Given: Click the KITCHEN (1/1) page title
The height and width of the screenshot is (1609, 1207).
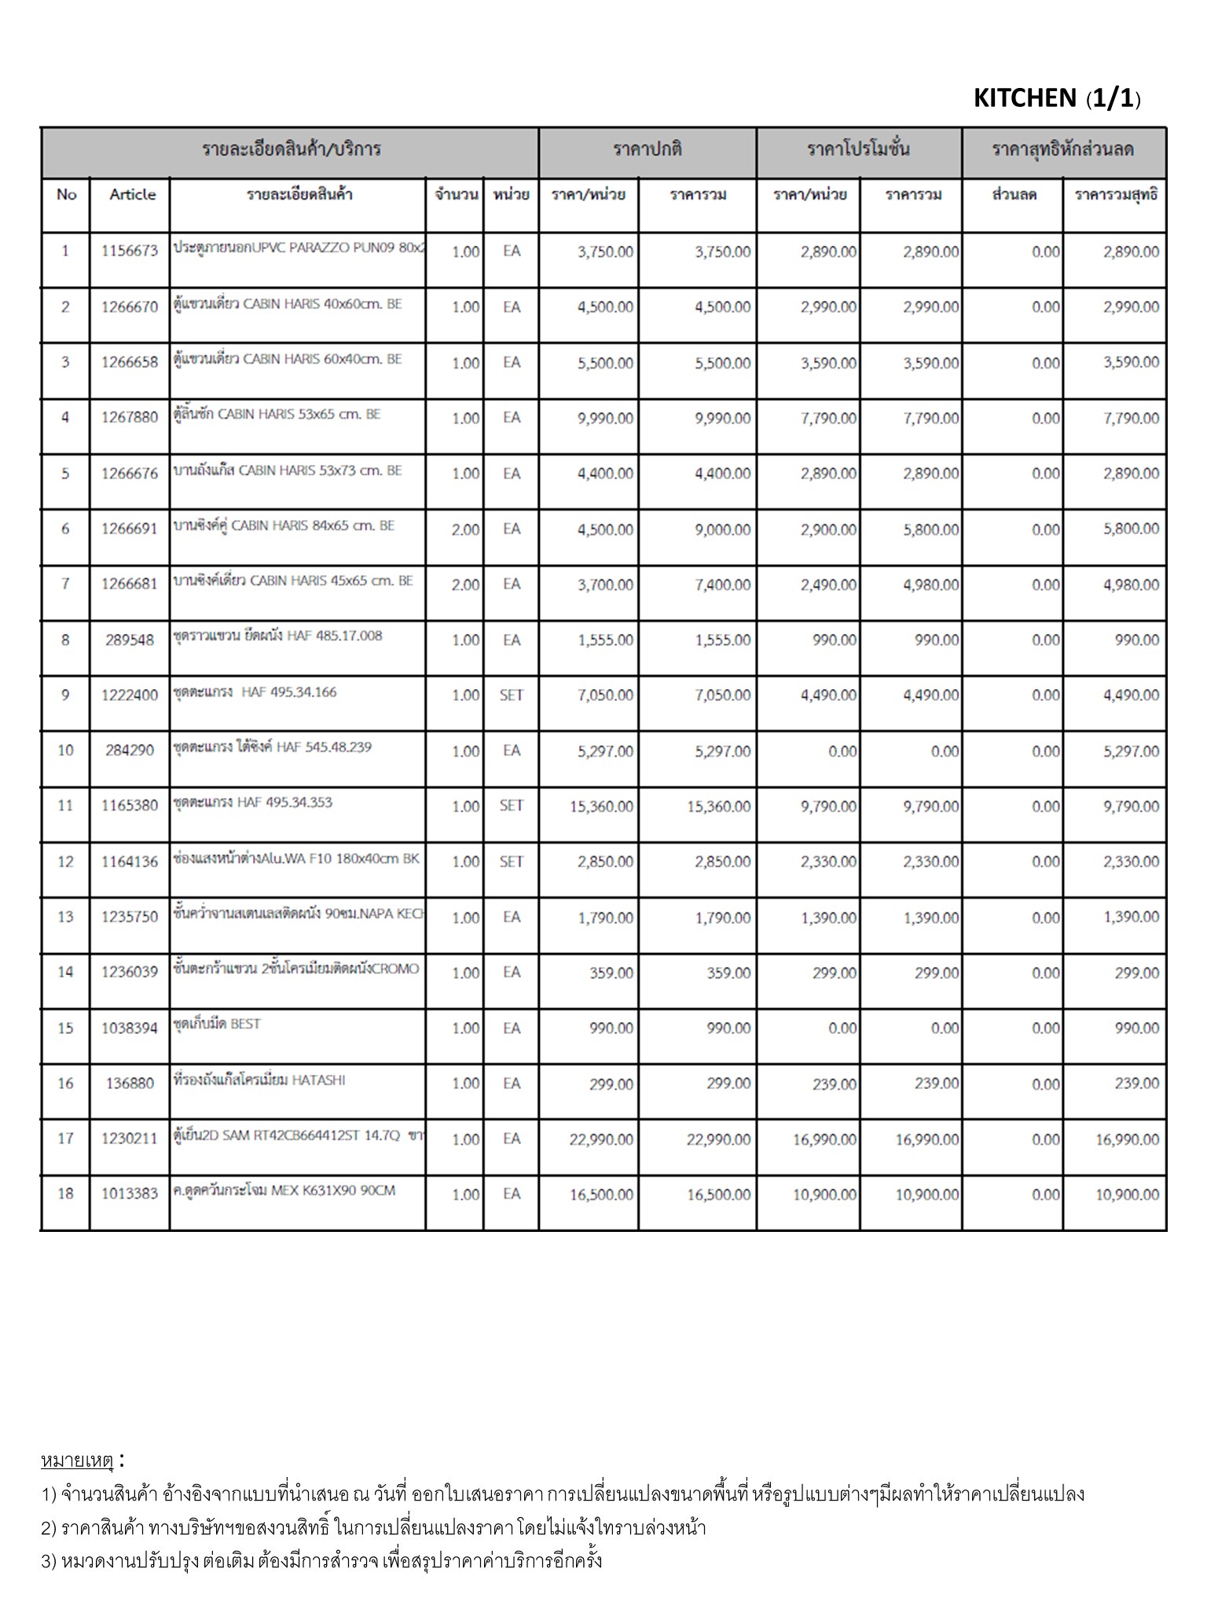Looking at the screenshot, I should [1056, 98].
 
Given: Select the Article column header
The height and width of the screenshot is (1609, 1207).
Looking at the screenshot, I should [132, 195].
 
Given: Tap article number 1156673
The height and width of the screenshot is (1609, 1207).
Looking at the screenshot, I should [130, 251].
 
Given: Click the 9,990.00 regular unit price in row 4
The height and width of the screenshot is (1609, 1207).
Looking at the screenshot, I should [604, 418].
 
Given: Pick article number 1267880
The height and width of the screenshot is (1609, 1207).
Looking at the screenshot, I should [130, 418].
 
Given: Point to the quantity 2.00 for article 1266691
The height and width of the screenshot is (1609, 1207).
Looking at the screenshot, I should [465, 530].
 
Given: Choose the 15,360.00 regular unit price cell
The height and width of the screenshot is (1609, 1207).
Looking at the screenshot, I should [601, 806].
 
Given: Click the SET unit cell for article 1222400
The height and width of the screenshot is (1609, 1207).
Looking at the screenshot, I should [511, 695].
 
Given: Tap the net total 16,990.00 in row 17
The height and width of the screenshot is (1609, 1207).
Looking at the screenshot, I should [1127, 1139].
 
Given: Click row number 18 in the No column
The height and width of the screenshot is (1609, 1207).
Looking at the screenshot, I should [65, 1194].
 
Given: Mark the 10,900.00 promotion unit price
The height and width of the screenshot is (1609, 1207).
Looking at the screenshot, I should [824, 1195].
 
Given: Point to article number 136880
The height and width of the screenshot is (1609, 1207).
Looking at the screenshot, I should [130, 1083].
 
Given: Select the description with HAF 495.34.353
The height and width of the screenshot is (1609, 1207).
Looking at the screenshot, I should [253, 802].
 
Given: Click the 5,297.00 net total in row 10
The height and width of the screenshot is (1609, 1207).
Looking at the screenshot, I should [1131, 751].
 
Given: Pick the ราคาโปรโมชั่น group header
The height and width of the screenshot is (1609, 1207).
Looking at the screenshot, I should [858, 149].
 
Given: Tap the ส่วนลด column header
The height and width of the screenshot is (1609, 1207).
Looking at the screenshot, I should [1014, 195].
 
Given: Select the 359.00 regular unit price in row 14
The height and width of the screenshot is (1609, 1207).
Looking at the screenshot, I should [611, 973].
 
